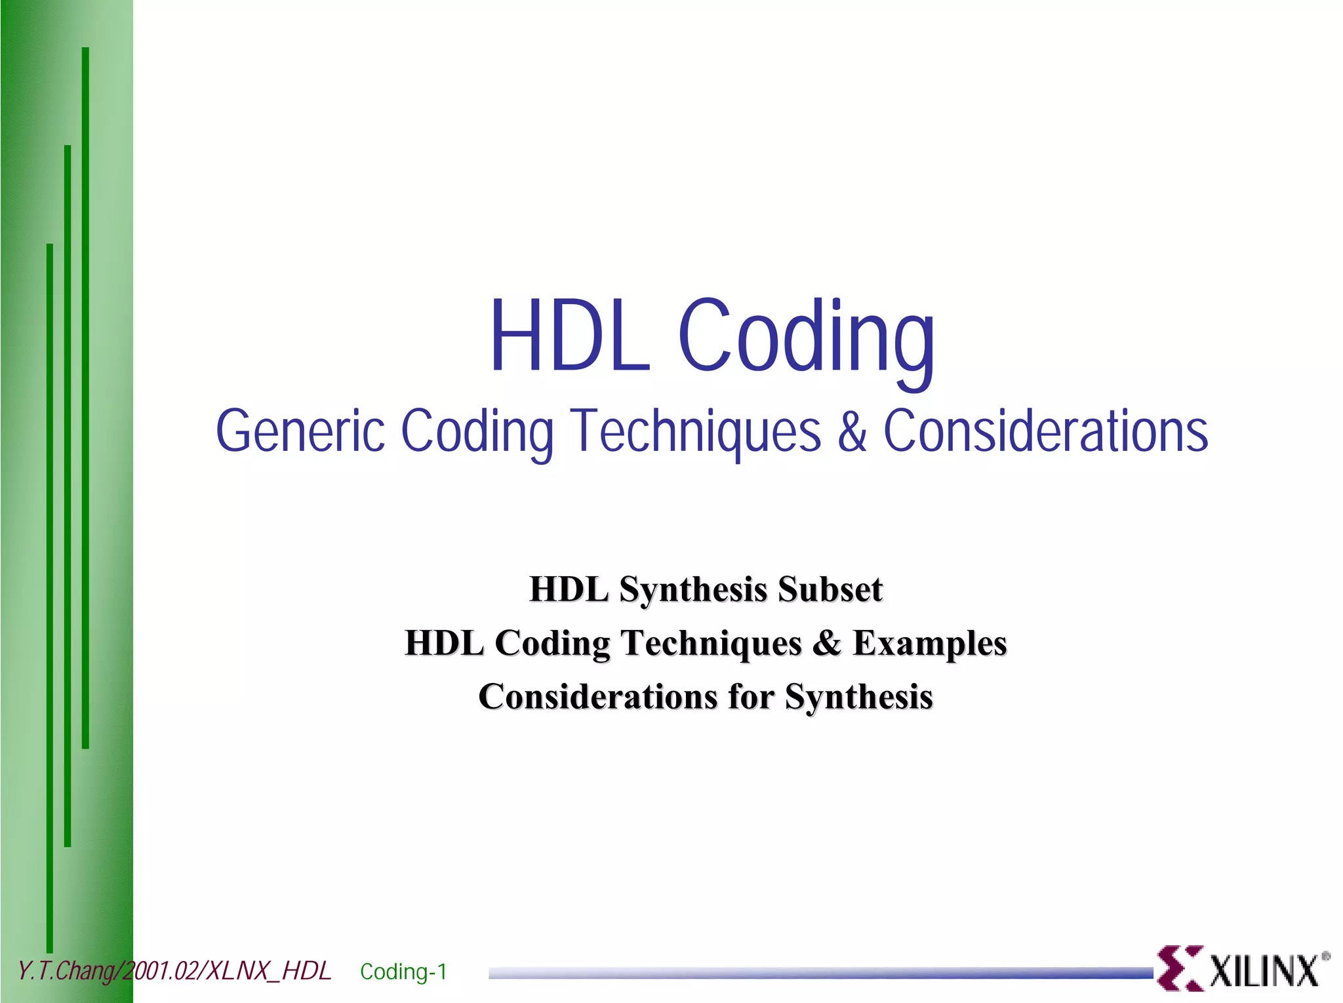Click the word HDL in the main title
(x=569, y=336)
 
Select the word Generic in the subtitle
(x=300, y=431)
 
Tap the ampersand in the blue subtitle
(x=852, y=431)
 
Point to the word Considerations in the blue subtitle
(x=1045, y=431)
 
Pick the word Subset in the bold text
(x=830, y=589)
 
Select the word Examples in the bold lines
(x=929, y=643)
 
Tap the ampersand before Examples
(x=827, y=643)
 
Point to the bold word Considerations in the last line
(x=597, y=696)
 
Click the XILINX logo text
(x=1263, y=971)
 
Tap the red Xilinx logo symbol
(x=1179, y=968)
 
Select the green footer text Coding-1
(x=403, y=971)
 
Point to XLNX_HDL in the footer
(x=268, y=971)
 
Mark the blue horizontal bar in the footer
(x=820, y=973)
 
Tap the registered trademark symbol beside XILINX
(x=1326, y=956)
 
